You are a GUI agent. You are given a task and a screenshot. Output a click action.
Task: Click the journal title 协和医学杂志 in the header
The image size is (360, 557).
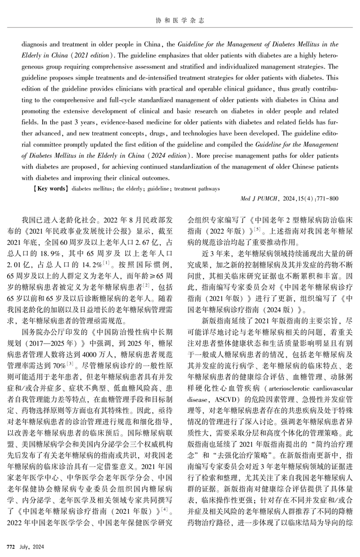point(180,21)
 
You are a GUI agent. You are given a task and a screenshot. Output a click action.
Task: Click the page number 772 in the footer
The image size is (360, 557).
point(10,542)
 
